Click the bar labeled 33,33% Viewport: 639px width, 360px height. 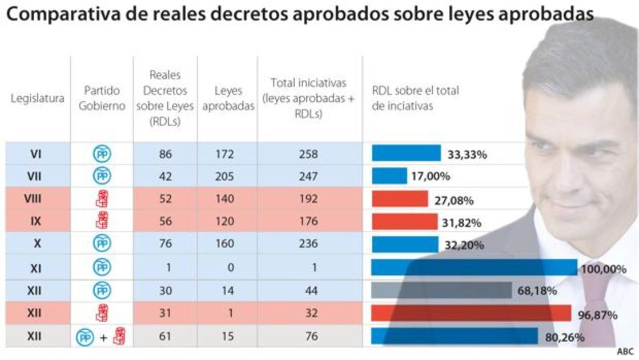coord(406,153)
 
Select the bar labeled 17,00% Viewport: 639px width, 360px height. coord(389,175)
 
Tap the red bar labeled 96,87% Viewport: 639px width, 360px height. coord(471,313)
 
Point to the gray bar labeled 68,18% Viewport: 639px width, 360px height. coord(441,290)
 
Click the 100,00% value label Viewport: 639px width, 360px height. coord(604,269)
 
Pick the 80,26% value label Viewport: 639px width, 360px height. coord(565,338)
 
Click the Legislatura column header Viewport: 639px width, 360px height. coord(37,98)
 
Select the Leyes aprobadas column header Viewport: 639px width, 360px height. coord(227,98)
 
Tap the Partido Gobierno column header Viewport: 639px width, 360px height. coord(102,98)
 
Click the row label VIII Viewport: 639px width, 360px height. coord(37,199)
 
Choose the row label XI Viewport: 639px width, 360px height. coord(37,267)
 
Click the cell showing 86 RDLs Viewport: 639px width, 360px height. coord(165,154)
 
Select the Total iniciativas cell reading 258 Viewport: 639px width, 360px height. coord(309,154)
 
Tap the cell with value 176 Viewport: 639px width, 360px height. coord(309,221)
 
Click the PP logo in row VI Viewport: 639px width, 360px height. coord(102,154)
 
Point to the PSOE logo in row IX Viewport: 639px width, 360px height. coord(102,221)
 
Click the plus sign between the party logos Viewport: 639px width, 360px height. coord(103,338)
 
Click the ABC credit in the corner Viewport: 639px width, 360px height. coord(625,351)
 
